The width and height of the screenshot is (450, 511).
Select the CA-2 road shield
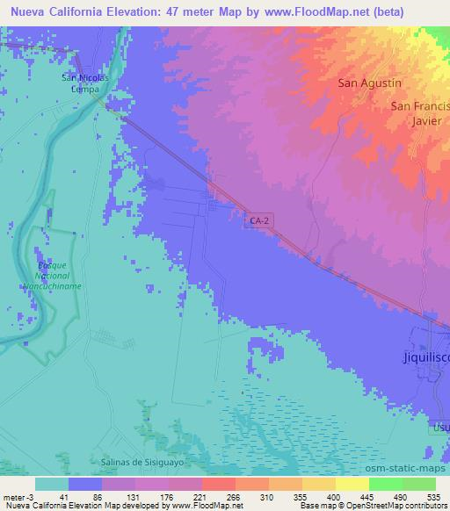257,224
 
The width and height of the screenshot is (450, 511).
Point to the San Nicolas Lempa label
84,83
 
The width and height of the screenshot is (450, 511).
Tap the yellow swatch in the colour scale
352,484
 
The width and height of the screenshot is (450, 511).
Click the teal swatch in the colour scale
52,484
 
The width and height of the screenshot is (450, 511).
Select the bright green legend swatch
385,484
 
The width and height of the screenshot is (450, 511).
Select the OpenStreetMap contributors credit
399,506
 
